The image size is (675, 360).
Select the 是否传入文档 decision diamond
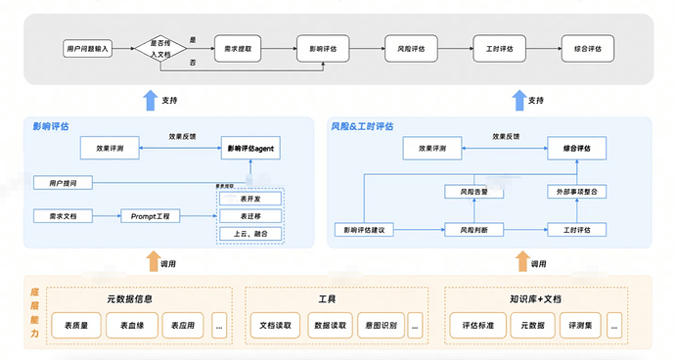[x=158, y=47]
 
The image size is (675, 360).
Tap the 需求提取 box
[x=238, y=47]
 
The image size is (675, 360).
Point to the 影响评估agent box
[x=249, y=149]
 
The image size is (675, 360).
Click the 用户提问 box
[x=63, y=182]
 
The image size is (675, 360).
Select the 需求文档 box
[x=63, y=215]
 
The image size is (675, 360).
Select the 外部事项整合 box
[x=576, y=192]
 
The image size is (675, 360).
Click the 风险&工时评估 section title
[x=364, y=126]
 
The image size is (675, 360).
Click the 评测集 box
[x=580, y=324]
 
